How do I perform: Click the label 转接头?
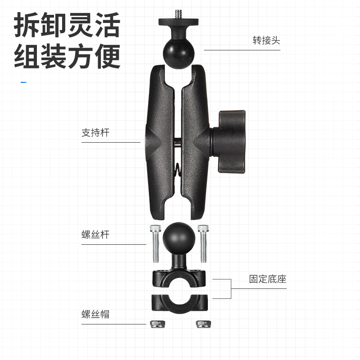coord(266,40)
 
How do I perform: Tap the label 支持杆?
coord(95,133)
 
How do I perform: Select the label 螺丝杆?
coord(95,235)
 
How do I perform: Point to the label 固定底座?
coord(268,279)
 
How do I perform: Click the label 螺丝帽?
coord(95,314)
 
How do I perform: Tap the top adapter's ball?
coord(178,52)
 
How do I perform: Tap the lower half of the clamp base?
coord(178,304)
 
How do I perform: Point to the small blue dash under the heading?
coord(24,82)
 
